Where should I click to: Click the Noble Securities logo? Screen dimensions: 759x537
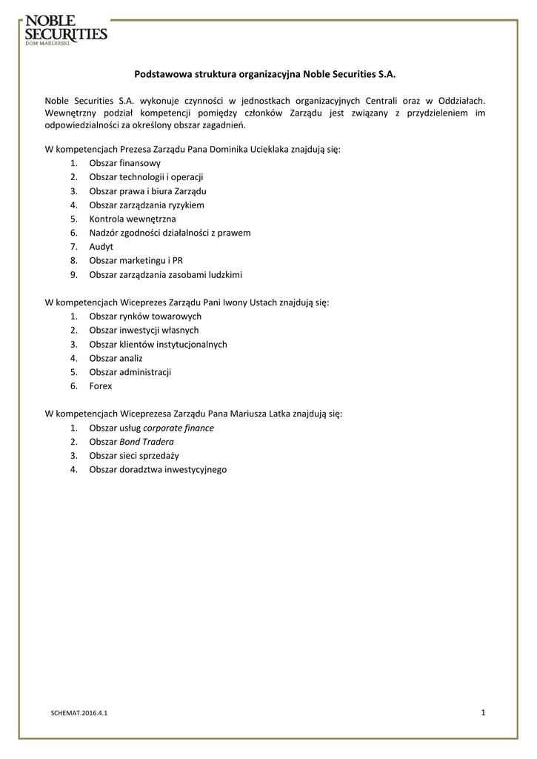tap(65, 30)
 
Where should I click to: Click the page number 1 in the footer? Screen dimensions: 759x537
tap(482, 713)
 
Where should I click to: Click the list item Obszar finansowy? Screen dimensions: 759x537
tap(124, 162)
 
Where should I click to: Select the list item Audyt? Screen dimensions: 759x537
tap(101, 246)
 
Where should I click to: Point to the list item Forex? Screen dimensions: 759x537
tap(101, 386)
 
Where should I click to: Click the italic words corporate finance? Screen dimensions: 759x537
tap(178, 428)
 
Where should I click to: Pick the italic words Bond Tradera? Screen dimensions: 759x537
tap(147, 442)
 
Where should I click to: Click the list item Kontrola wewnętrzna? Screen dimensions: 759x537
tap(133, 219)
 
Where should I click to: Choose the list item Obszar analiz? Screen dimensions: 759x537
tap(116, 358)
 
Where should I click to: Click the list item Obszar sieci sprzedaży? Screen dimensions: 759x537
tap(134, 455)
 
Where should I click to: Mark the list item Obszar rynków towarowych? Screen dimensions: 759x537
tap(145, 316)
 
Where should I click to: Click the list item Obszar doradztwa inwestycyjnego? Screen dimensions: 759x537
tap(158, 469)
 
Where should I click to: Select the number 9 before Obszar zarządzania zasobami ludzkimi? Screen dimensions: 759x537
tap(73, 274)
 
